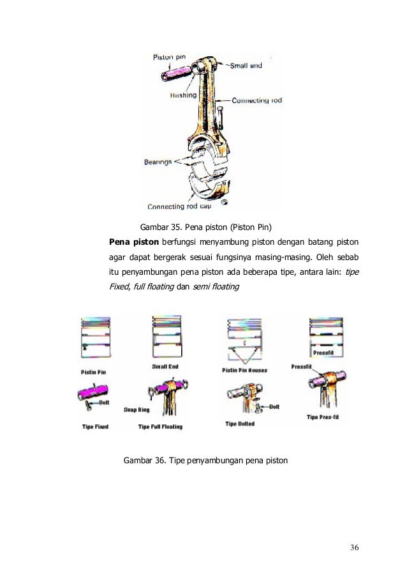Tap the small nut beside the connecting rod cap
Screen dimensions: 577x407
(225, 203)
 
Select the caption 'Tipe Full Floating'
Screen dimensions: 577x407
(161, 426)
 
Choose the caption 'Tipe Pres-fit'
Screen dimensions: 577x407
(322, 417)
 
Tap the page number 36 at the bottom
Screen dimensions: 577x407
(355, 548)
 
